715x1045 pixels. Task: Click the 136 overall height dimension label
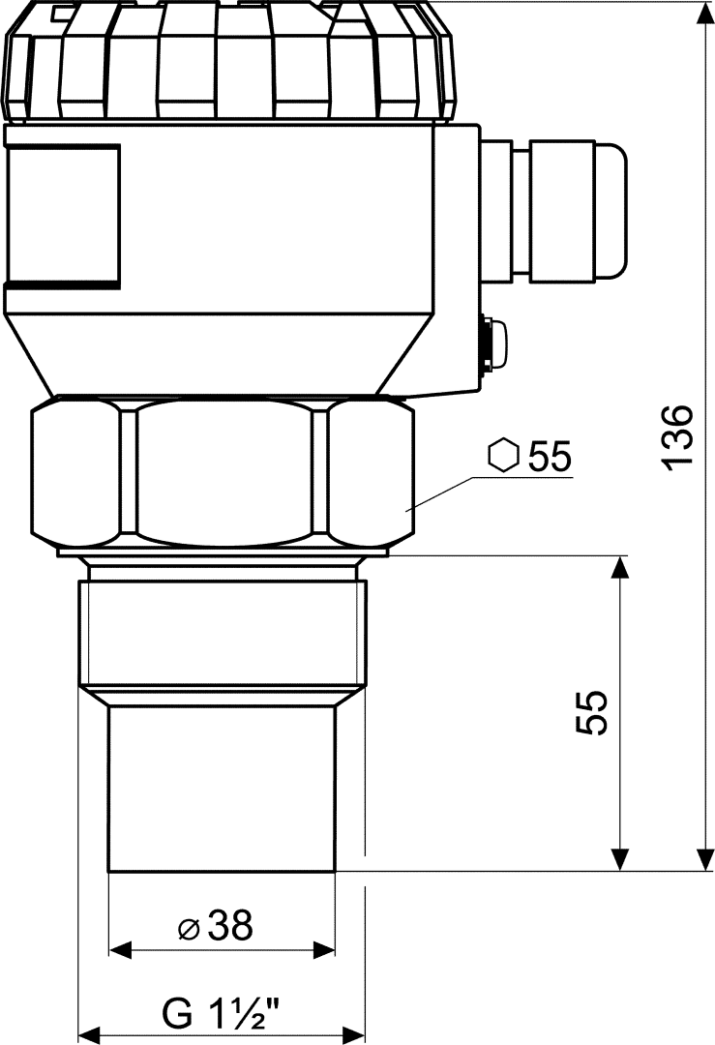(679, 437)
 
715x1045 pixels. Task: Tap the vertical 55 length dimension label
(592, 712)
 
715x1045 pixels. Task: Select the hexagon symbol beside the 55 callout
(503, 456)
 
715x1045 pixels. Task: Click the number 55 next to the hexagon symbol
(550, 457)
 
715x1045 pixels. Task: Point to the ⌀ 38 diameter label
(217, 926)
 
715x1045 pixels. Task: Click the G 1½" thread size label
(220, 1012)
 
